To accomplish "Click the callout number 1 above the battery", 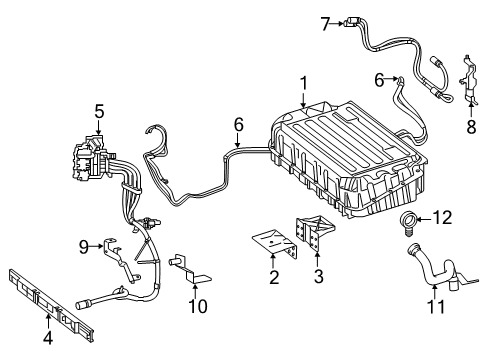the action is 303,83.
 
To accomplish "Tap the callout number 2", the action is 274,277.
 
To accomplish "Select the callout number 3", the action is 319,276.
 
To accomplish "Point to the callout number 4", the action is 48,338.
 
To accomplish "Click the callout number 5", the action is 99,111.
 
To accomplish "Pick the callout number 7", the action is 326,24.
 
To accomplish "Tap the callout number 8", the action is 471,127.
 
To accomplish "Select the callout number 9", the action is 83,247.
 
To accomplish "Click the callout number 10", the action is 198,306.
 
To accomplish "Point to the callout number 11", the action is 436,306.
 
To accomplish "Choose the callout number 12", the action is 442,218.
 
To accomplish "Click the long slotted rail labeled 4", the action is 51,304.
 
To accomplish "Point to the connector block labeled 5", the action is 92,158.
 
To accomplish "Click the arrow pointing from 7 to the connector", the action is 338,23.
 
